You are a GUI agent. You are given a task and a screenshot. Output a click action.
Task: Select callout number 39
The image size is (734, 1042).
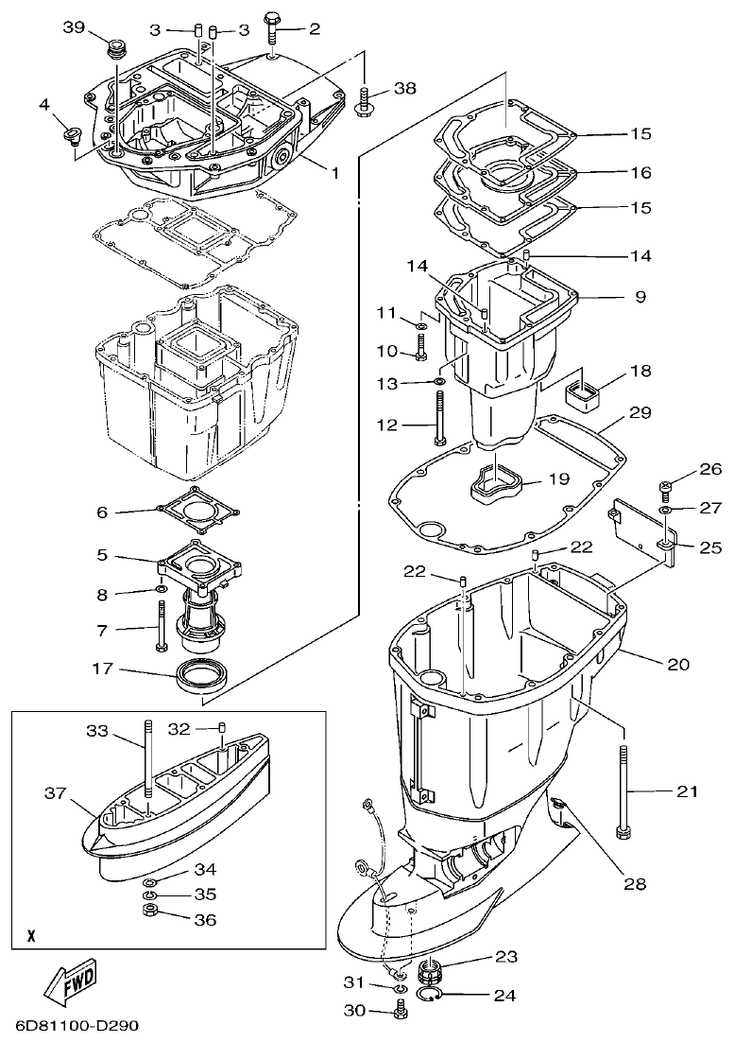pyautogui.click(x=75, y=28)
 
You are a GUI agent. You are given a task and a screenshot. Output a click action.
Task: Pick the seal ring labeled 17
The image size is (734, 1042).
pyautogui.click(x=203, y=677)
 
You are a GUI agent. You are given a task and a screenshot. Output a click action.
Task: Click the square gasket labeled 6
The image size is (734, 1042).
pyautogui.click(x=196, y=511)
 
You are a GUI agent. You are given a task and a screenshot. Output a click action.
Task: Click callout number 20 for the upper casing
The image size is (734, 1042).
pyautogui.click(x=678, y=664)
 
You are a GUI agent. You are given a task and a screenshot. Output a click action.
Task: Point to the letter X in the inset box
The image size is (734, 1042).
pyautogui.click(x=31, y=937)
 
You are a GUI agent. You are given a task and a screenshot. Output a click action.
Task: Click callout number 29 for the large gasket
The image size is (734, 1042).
pyautogui.click(x=640, y=413)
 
